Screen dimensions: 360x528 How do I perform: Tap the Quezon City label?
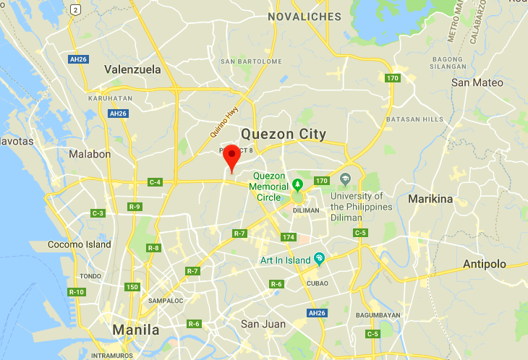[284, 134]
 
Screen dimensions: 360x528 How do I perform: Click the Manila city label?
[136, 330]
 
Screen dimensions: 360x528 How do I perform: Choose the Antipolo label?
[485, 264]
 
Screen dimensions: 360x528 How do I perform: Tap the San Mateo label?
[477, 82]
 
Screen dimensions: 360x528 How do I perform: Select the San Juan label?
[263, 323]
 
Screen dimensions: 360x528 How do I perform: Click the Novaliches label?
[304, 16]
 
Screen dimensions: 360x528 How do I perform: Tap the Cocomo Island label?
[80, 244]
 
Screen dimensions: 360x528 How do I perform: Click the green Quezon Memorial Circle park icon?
[297, 183]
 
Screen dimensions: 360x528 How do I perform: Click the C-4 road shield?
[155, 182]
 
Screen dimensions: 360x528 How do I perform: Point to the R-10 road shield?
[76, 291]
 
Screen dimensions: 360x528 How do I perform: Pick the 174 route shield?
[289, 237]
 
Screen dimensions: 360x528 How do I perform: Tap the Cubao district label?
[318, 283]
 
